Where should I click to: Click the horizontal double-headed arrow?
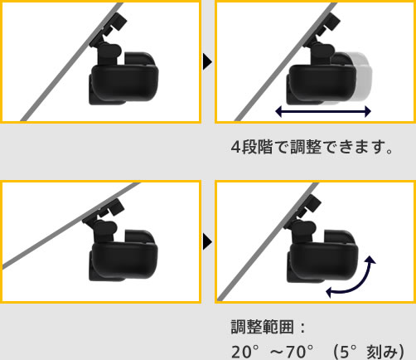[323, 111]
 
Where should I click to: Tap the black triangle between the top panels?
[207, 61]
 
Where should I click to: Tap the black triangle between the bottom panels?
[207, 241]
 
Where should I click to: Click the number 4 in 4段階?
[236, 147]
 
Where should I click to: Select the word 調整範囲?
[262, 327]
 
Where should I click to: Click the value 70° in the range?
[299, 352]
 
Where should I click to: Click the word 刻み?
[382, 352]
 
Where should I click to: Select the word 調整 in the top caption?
[306, 147]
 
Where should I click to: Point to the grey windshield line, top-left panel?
[72, 61]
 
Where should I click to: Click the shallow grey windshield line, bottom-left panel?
[71, 226]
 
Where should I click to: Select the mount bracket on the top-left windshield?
[109, 32]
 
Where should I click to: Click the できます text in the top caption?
[358, 147]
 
